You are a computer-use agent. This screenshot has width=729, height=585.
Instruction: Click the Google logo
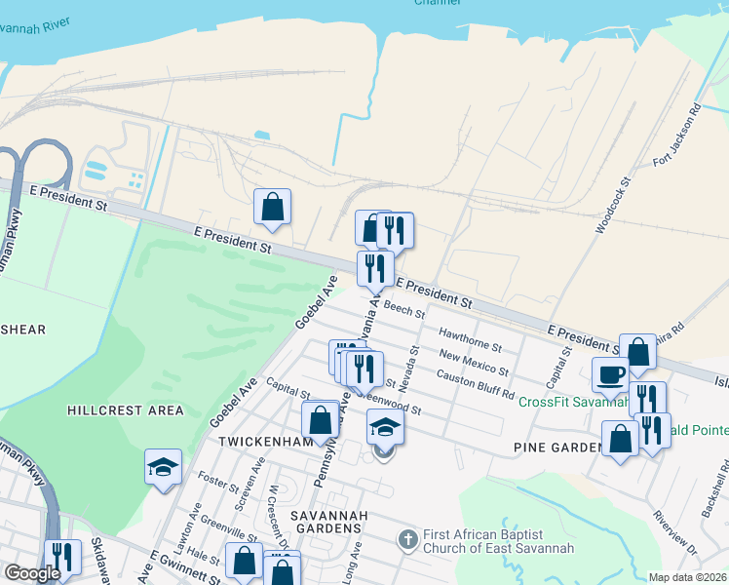[32, 573]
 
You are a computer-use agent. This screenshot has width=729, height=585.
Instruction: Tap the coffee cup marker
[611, 374]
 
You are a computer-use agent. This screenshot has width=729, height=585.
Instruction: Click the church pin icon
[408, 538]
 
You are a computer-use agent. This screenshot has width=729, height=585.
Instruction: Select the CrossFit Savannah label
[571, 402]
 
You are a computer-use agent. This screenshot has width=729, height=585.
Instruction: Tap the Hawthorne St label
[470, 339]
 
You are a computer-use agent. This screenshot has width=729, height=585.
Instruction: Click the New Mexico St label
[474, 363]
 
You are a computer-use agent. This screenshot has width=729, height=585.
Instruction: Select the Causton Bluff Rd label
[475, 384]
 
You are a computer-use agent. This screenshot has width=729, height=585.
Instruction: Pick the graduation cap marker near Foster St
[163, 467]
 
